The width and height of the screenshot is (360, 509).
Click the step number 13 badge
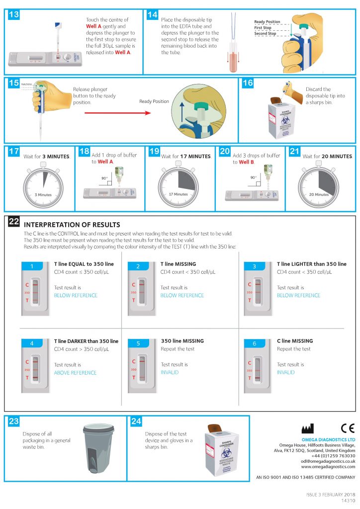click(14, 14)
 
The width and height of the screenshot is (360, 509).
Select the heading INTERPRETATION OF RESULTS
click(72, 225)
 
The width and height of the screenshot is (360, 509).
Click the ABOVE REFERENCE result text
click(75, 373)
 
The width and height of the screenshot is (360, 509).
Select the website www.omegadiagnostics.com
click(328, 467)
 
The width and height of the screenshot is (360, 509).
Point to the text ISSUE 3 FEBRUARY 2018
click(330, 495)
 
